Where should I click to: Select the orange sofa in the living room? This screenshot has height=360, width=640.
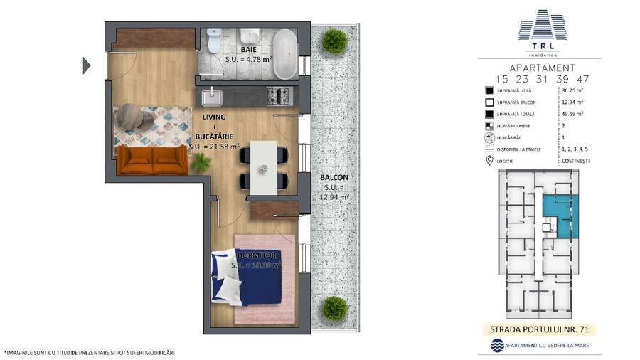coord(152,161)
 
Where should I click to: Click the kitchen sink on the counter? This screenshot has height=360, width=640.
coord(212,96)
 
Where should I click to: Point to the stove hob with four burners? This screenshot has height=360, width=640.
coord(278,95)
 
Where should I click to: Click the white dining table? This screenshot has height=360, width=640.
coord(263,166)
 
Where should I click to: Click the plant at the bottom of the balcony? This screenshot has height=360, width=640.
coord(334,308)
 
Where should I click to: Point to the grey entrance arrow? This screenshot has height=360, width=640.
coord(87,65)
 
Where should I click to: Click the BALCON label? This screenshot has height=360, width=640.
coord(334,177)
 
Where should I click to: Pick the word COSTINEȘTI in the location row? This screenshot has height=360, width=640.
coord(575,160)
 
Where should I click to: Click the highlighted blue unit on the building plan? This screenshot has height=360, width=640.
coord(560,213)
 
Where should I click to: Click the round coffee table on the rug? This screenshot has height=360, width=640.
coord(130,115)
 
